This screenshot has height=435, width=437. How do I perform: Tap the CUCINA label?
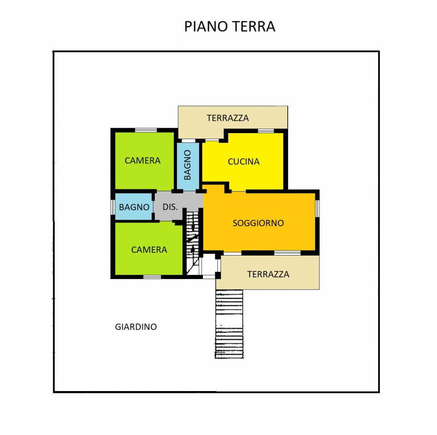[244, 161]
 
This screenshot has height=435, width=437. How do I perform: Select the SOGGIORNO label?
[258, 223]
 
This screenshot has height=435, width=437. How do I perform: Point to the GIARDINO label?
[136, 326]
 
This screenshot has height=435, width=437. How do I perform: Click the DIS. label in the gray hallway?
[170, 207]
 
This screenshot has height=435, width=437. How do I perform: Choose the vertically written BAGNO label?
[188, 164]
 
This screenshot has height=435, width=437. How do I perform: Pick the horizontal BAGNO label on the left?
[134, 207]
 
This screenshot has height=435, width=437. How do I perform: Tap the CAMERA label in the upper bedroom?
[142, 160]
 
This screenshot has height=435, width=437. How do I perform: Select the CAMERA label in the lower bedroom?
[149, 250]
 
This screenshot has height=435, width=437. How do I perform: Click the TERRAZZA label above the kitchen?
[228, 118]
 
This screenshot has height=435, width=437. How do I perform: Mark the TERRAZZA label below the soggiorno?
[268, 274]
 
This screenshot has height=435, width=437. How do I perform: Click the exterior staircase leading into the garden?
[229, 324]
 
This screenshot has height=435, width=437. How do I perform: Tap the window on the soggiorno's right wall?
[317, 208]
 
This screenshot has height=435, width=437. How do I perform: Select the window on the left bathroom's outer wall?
[113, 207]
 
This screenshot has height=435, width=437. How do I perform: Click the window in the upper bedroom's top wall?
[146, 130]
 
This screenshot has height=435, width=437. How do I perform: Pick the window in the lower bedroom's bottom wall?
[152, 276]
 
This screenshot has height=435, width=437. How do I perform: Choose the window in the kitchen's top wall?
[266, 131]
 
